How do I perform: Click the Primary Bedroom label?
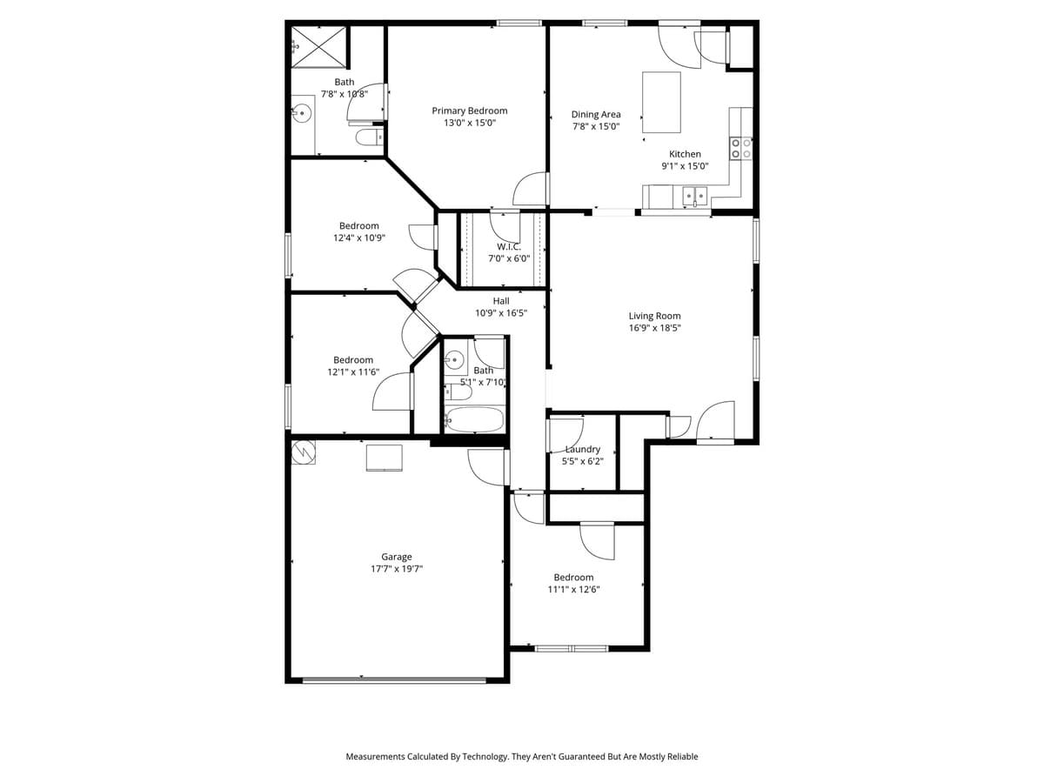pos(469,110)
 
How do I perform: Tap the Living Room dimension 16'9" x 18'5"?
pos(654,328)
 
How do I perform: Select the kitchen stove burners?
pos(740,148)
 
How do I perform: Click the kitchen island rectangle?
pos(660,102)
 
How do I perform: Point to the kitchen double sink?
pos(694,197)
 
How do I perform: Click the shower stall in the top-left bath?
pos(318,47)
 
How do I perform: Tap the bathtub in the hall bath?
pos(474,420)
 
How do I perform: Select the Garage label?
pos(397,557)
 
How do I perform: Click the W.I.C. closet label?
pos(508,246)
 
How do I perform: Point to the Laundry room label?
pos(582,449)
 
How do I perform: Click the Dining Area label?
pos(596,114)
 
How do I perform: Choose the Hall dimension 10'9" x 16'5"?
pos(500,313)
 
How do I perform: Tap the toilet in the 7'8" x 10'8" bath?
pos(367,137)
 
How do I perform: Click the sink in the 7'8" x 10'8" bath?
pos(302,111)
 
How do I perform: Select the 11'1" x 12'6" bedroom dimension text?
pos(573,589)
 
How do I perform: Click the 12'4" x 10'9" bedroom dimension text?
pos(358,238)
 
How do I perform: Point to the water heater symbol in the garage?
pos(303,452)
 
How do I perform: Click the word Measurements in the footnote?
pos(376,757)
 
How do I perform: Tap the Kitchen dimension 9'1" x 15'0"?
pos(685,166)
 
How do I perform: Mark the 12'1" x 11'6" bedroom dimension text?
pos(352,371)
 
